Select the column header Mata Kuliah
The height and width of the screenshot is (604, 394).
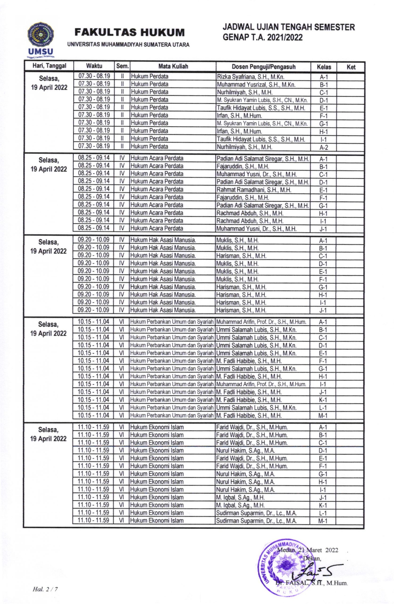[x=173, y=67]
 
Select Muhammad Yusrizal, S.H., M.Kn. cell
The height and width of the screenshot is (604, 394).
[x=256, y=85]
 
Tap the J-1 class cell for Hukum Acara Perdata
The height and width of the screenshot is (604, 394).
[x=323, y=229]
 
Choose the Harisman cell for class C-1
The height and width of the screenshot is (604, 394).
[x=241, y=256]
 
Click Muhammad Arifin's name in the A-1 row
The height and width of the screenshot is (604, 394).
[x=261, y=322]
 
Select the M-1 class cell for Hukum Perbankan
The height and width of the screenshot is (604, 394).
[x=323, y=416]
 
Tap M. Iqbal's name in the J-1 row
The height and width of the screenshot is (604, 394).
[x=240, y=497]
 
